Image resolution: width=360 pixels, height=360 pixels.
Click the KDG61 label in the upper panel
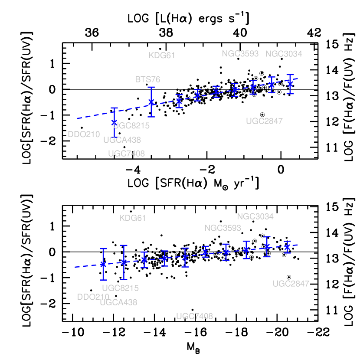point(162,56)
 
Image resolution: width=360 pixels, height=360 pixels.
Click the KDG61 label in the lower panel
point(132,218)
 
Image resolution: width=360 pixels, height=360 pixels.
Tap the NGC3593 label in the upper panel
point(240,54)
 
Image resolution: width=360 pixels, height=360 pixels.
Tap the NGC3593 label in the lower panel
point(223,228)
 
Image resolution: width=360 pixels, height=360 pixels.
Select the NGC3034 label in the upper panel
point(284,54)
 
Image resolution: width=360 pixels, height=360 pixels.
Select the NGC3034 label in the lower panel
point(255,216)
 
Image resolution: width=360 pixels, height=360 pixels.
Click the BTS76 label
point(147,80)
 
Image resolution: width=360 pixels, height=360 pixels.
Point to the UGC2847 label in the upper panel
point(264,121)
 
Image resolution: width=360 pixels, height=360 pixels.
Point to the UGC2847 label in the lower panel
point(291,284)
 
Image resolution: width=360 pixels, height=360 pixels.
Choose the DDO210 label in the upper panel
point(84,134)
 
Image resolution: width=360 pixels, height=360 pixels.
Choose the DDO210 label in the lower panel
point(93,297)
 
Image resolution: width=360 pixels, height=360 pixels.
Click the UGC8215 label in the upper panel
point(131,126)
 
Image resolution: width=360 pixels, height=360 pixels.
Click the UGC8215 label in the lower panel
point(120,288)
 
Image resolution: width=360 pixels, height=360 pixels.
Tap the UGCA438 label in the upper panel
point(122,140)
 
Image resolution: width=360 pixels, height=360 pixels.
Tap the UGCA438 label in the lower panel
point(118,303)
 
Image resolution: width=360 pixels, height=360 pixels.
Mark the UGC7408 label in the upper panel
point(126,154)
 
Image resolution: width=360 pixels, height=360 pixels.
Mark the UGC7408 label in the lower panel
point(194,317)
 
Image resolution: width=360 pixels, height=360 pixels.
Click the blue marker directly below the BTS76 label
point(151,102)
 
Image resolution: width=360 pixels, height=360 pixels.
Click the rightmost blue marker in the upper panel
point(290,83)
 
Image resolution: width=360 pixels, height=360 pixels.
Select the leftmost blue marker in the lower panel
point(103,264)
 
